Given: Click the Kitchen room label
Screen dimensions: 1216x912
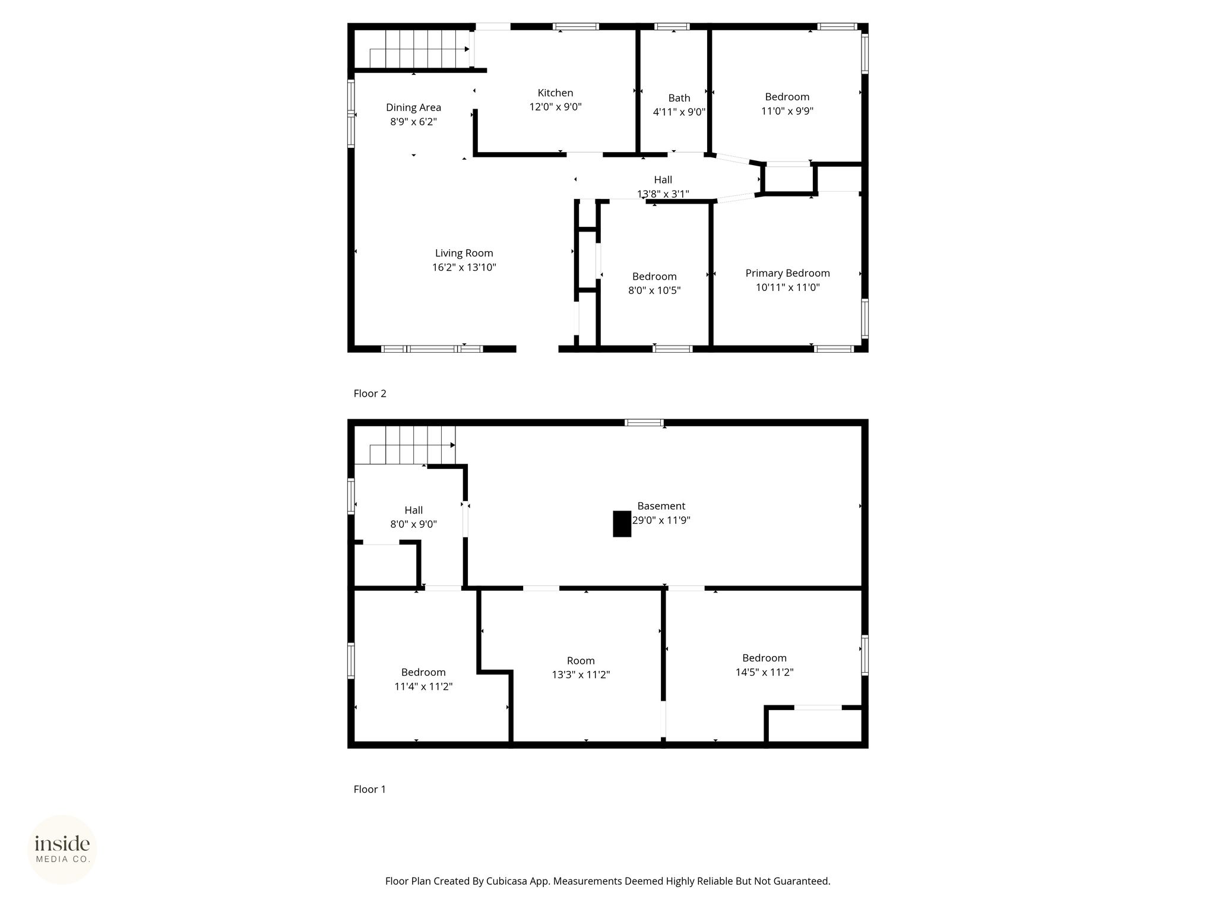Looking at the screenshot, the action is coord(555,93).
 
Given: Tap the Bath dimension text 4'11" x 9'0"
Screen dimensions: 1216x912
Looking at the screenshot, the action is coord(679,112).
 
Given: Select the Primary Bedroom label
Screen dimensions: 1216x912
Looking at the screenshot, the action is coord(787,273).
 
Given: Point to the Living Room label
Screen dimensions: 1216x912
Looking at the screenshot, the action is coord(464,253).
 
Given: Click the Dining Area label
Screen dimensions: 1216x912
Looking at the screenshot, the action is coord(413,107).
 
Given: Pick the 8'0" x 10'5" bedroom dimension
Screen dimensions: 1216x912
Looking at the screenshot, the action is coord(654,290).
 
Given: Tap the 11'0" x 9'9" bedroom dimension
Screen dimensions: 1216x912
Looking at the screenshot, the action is coord(787,111).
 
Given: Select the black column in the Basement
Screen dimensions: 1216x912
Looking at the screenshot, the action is coord(622,524).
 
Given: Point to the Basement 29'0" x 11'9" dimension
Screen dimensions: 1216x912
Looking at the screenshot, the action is coord(661,520).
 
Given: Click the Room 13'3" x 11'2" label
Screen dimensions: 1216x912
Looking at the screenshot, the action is coord(581,660).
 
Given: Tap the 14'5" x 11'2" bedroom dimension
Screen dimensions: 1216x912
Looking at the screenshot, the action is coord(764,672).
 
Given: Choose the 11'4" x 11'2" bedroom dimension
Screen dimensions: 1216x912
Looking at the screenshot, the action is coord(423,686).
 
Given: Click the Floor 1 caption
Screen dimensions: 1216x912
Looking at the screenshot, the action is coord(369,789).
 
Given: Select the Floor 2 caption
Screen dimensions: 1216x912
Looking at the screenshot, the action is coord(370,393).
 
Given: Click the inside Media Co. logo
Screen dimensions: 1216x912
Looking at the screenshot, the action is coord(62,849).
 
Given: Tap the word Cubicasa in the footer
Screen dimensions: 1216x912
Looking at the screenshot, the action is coord(508,881).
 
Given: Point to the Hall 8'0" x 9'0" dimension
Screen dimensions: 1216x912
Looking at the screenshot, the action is coord(413,524).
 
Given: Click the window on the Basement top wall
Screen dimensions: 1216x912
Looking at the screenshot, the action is coord(644,423).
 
